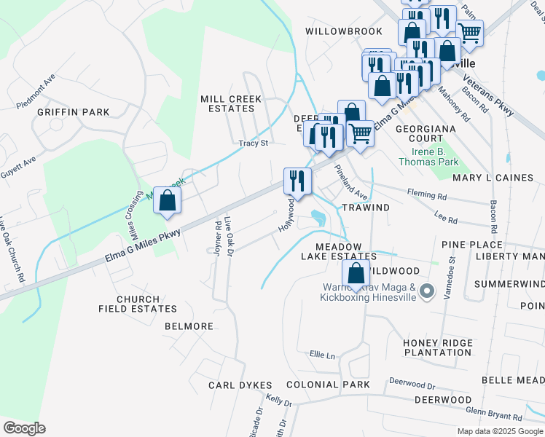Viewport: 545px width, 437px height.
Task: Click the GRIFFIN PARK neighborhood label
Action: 73,112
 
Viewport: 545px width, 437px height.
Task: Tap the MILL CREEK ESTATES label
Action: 238,103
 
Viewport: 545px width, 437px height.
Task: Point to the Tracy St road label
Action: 254,143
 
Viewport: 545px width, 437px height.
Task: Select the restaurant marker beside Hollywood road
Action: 297,181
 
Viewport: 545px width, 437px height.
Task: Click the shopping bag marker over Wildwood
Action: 356,275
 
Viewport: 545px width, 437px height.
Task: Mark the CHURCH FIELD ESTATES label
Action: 138,304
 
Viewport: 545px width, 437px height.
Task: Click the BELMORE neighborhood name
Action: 189,326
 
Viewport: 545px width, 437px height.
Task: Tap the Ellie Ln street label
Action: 321,355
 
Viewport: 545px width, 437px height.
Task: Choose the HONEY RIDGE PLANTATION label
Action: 437,347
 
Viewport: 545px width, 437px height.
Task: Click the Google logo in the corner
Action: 24,428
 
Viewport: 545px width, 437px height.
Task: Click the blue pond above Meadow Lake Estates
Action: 318,216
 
